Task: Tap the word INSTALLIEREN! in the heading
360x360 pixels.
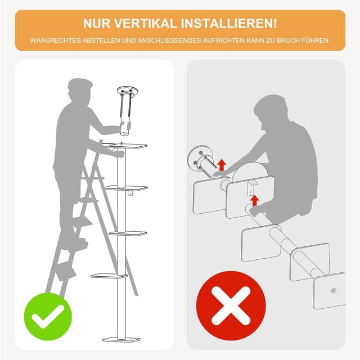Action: [x=229, y=24]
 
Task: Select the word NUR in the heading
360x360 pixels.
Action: [x=97, y=24]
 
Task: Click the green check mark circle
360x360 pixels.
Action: [x=48, y=317]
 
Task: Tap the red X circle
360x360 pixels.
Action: [x=231, y=305]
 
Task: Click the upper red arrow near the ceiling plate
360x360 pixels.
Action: [x=222, y=165]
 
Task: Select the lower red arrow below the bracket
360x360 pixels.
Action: [x=254, y=200]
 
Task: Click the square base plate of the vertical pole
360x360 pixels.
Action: [x=121, y=339]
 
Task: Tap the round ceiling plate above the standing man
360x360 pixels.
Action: [x=128, y=91]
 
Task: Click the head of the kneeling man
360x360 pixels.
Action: [x=270, y=112]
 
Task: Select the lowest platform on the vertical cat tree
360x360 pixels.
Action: [x=109, y=276]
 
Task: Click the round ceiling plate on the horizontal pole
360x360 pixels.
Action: [x=198, y=159]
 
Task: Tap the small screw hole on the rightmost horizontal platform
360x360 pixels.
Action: [x=334, y=291]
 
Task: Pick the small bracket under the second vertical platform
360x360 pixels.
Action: [x=130, y=193]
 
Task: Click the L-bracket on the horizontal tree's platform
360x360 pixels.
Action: [x=252, y=187]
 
